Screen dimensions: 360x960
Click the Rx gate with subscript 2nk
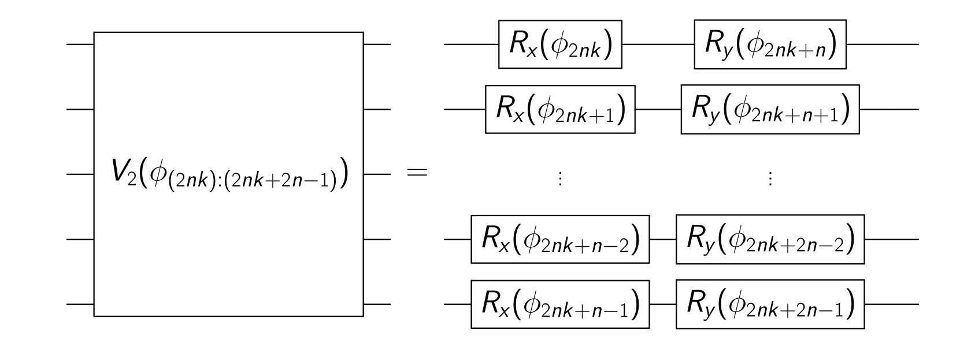(x=560, y=44)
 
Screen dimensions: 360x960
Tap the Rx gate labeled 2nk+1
(x=560, y=109)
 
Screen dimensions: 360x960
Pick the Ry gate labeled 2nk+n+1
(x=770, y=109)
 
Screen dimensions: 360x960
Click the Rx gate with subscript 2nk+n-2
(x=560, y=239)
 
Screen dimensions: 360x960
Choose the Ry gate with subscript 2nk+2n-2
(x=770, y=239)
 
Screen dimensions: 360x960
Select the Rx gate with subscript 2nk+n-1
(x=560, y=303)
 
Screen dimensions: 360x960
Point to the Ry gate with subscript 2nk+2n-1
(x=770, y=303)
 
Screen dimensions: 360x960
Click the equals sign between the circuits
(x=418, y=173)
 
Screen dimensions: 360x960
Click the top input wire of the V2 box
(x=80, y=44)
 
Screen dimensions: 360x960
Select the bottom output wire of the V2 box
(x=377, y=303)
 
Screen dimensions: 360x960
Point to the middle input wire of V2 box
(x=80, y=173)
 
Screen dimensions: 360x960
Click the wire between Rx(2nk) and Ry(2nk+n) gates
(x=658, y=44)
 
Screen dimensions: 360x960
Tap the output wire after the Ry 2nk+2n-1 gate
(x=890, y=303)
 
